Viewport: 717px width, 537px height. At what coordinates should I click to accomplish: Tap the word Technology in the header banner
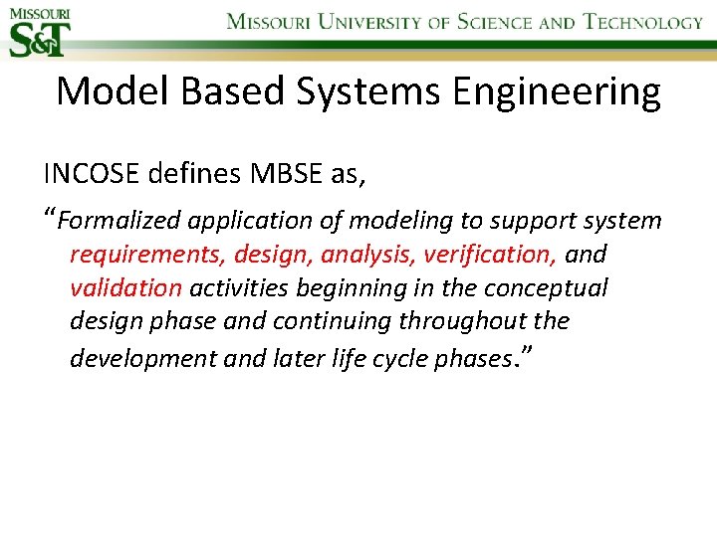point(643,22)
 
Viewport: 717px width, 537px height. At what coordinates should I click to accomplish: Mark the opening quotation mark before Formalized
point(50,216)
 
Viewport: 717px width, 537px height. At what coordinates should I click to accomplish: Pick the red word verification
point(489,255)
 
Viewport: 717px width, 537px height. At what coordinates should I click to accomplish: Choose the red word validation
point(125,288)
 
